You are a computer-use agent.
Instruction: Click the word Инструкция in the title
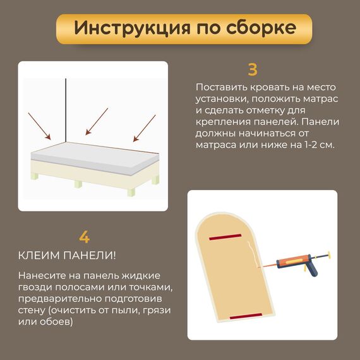pos(132,28)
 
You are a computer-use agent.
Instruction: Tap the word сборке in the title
pos(261,28)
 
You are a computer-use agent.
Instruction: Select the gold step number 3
pos(253,69)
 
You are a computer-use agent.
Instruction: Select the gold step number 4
pos(84,237)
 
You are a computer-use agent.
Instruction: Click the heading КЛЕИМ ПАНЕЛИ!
pos(67,256)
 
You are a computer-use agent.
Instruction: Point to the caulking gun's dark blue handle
pos(311,270)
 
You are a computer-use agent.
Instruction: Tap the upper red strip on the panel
pos(225,237)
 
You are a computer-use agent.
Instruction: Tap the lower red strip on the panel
pos(246,316)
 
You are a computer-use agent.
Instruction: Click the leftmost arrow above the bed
pos(39,126)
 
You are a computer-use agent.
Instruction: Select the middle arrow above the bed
pos(97,121)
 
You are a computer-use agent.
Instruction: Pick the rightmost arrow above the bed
pos(145,128)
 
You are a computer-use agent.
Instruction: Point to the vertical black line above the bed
pos(66,110)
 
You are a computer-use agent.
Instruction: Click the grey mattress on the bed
pos(95,158)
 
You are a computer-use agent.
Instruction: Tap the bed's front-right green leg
pos(131,193)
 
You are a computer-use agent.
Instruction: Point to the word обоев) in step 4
pos(56,321)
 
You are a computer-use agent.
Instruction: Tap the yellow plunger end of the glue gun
pos(329,255)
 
